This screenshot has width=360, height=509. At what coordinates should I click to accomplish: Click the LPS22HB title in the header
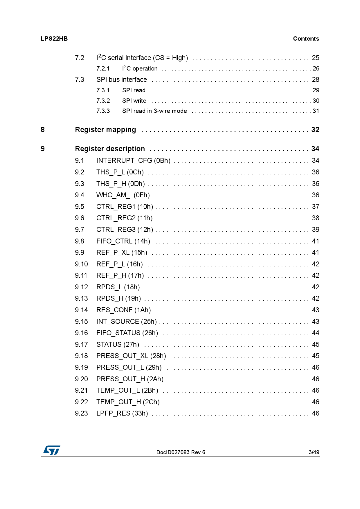tap(54, 39)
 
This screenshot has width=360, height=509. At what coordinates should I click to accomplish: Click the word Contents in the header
tap(306, 39)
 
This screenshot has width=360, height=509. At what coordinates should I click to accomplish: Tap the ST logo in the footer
tap(52, 450)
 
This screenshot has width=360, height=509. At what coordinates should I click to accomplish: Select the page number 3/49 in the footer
tap(314, 452)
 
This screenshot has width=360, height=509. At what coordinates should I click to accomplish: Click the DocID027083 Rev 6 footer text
tap(181, 452)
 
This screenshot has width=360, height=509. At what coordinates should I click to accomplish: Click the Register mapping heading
tap(105, 130)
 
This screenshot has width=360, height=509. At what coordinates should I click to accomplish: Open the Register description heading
tap(110, 149)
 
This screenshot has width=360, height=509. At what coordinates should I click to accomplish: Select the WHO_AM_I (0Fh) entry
tap(123, 195)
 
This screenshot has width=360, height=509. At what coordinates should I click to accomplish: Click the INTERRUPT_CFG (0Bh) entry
tap(133, 161)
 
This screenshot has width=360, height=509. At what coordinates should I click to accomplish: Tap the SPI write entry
tap(134, 101)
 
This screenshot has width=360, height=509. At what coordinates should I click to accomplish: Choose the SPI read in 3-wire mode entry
tap(154, 111)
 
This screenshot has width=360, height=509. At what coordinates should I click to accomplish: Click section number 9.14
tap(81, 310)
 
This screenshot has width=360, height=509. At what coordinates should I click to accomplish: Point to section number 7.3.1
tap(103, 90)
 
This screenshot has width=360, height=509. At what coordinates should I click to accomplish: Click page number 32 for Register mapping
tap(315, 130)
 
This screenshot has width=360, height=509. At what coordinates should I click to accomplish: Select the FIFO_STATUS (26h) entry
tap(127, 333)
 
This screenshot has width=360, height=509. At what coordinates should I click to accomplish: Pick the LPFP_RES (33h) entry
tap(122, 413)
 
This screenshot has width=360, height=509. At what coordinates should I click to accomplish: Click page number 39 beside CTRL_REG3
tap(315, 230)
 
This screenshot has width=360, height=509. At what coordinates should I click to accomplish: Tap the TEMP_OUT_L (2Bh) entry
tap(127, 390)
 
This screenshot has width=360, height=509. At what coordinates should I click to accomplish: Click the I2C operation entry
tap(140, 68)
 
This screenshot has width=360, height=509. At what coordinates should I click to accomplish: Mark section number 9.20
tap(81, 379)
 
